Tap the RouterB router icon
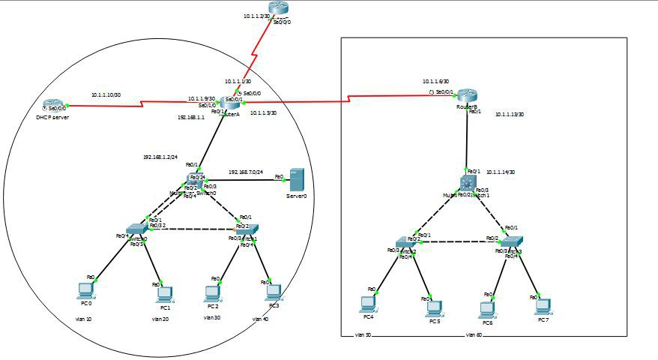click(468, 95)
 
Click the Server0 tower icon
click(298, 181)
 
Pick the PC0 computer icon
click(86, 289)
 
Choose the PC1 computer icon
click(164, 293)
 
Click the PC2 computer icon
click(212, 293)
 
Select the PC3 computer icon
click(274, 292)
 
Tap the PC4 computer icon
click(367, 302)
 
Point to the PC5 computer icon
click(433, 307)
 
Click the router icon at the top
click(279, 10)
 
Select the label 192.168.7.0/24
click(246, 172)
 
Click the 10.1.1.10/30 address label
click(106, 95)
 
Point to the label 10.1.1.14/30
click(500, 172)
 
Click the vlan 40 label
click(260, 319)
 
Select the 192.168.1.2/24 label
click(160, 157)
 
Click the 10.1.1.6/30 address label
click(435, 81)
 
